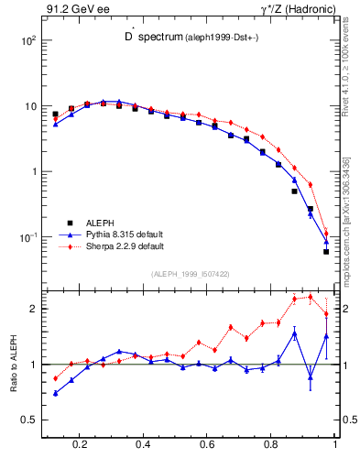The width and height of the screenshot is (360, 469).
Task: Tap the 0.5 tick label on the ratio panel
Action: coord(27,420)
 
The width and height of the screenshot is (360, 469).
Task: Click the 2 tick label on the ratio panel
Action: coord(32,309)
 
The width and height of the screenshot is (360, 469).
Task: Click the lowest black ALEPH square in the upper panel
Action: coord(326,251)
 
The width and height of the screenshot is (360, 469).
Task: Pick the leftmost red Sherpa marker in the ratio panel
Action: coord(55,378)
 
